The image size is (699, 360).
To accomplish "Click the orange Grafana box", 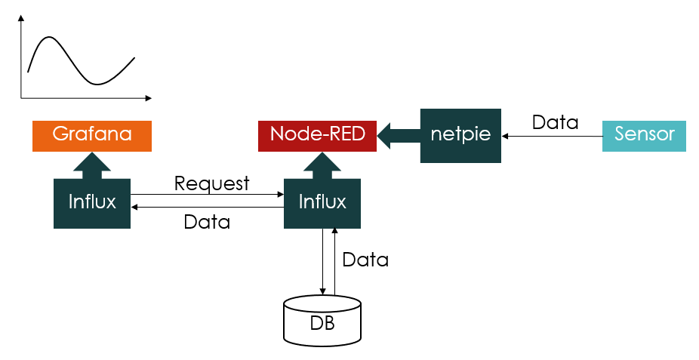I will (91, 135).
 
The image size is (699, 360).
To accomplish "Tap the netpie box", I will (460, 135).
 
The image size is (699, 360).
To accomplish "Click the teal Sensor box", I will (643, 135).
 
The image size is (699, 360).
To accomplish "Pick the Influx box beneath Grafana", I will (91, 202).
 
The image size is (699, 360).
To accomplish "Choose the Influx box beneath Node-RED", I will (322, 202).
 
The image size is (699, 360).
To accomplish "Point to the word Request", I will (211, 183).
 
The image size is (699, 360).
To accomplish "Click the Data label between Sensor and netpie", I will (555, 122).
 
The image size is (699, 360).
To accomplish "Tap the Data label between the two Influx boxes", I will (207, 222).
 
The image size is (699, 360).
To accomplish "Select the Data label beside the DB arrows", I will (365, 260).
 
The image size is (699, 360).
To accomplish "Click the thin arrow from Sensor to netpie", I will (552, 136).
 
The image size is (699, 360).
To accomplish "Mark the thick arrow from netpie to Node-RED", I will (398, 136).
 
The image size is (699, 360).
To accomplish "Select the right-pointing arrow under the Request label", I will (207, 195).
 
